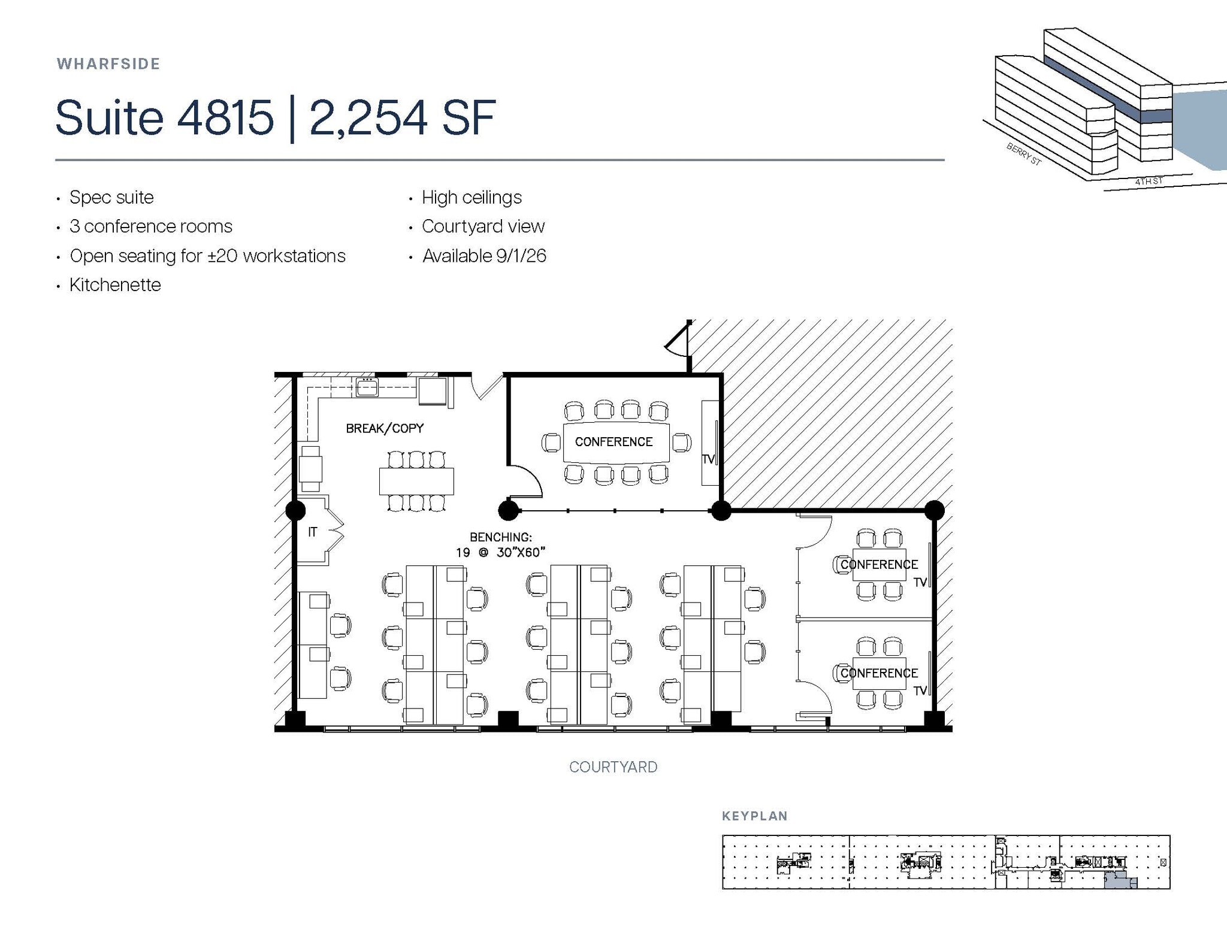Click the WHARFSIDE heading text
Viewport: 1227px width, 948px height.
click(x=108, y=64)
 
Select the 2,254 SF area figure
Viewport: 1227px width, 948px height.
click(x=402, y=117)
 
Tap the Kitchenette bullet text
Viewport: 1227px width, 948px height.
click(x=115, y=284)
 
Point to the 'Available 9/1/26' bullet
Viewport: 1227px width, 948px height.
click(x=484, y=256)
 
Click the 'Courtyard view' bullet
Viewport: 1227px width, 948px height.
click(x=483, y=226)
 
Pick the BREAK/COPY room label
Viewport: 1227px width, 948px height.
click(x=385, y=428)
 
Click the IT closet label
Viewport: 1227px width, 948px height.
click(x=312, y=532)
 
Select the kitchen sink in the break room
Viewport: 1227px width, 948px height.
click(x=367, y=387)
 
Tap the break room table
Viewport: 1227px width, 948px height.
click(x=416, y=481)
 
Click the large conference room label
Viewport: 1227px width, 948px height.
click(x=613, y=442)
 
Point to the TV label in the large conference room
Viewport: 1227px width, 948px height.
click(x=708, y=459)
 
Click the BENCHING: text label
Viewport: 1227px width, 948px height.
click(x=501, y=537)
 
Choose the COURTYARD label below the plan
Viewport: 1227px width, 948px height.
click(x=613, y=767)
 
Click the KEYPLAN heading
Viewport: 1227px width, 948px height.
click(x=755, y=816)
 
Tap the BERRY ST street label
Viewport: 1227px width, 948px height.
click(x=1024, y=154)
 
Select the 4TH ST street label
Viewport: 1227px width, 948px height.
click(x=1149, y=181)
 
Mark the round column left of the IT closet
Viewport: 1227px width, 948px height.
click(x=295, y=511)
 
